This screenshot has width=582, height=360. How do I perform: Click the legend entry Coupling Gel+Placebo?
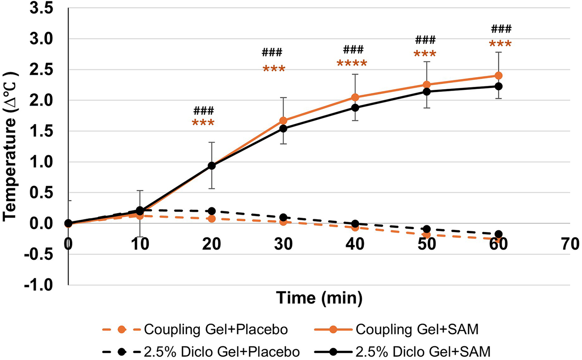click(x=216, y=330)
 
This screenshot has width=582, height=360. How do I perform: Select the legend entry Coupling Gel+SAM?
click(x=417, y=330)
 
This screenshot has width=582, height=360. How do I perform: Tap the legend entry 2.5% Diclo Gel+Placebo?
click(x=222, y=352)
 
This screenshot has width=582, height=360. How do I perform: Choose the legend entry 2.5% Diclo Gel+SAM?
click(x=423, y=352)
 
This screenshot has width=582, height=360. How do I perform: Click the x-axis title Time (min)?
click(x=319, y=298)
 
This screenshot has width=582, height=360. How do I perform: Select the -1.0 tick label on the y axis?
click(x=39, y=285)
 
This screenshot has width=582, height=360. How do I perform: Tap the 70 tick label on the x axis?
click(x=570, y=244)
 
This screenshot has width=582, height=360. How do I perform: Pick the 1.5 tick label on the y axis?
click(x=42, y=131)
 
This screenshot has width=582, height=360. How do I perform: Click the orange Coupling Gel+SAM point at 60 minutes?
click(x=498, y=76)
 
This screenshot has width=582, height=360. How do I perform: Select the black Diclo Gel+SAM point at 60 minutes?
click(x=498, y=86)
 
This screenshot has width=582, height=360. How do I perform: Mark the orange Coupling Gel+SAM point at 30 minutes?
click(x=283, y=121)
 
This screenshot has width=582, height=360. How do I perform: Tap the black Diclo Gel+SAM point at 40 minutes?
click(x=355, y=107)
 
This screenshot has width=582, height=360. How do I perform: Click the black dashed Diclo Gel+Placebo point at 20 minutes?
click(x=212, y=211)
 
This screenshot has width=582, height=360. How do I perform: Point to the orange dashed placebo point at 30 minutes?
click(x=283, y=222)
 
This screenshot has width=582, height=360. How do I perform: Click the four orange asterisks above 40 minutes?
click(x=352, y=63)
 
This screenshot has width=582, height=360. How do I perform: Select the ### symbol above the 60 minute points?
click(x=501, y=29)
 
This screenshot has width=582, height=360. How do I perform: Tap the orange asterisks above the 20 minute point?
click(x=203, y=123)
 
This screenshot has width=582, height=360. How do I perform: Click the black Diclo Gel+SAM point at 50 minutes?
click(x=427, y=91)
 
